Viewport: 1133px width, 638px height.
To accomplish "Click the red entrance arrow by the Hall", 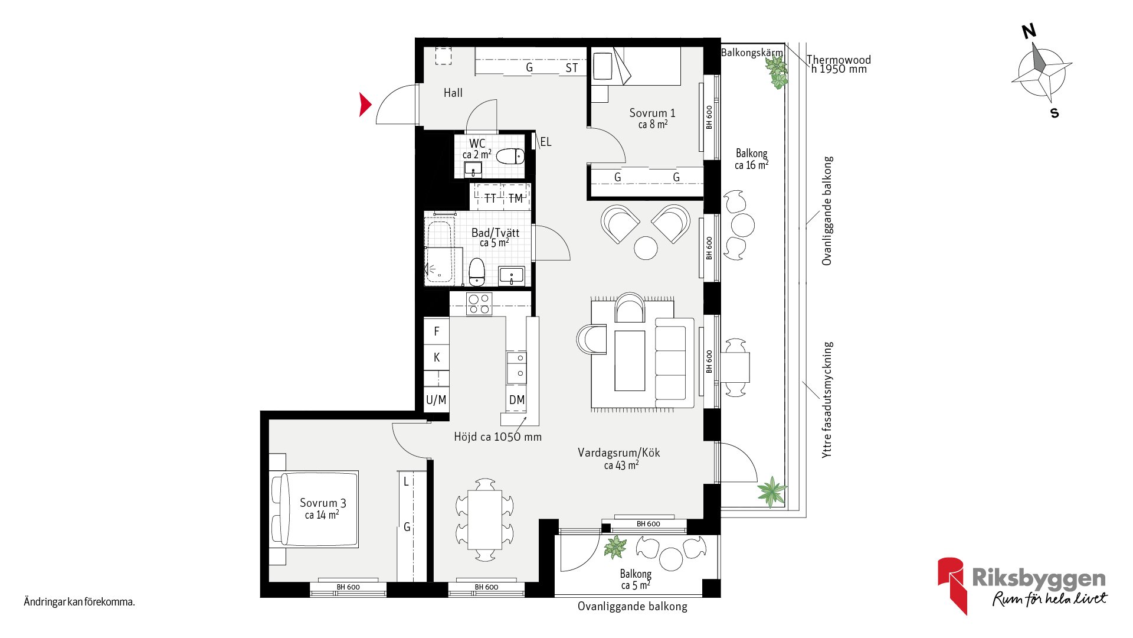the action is click(x=365, y=105).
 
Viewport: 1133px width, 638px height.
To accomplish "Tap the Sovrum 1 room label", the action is click(x=652, y=113).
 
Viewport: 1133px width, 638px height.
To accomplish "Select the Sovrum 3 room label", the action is click(x=323, y=503).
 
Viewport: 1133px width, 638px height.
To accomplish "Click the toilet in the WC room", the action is click(x=510, y=157).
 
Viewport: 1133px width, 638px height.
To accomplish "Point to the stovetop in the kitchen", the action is click(x=479, y=304).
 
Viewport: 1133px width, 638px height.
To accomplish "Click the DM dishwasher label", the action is click(x=517, y=400).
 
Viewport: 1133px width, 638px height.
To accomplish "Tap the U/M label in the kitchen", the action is click(x=436, y=400).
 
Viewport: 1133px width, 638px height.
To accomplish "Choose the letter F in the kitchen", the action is click(x=437, y=331).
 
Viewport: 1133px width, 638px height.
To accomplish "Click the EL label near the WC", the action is click(x=546, y=142).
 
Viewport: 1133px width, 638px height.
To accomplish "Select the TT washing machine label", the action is click(x=490, y=198).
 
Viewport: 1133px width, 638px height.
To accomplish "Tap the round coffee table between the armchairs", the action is click(x=646, y=248).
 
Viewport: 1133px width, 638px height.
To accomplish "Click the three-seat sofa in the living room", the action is click(x=674, y=362).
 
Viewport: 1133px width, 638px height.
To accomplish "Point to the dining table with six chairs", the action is click(x=484, y=520).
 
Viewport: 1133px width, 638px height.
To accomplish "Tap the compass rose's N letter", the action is click(x=1029, y=31).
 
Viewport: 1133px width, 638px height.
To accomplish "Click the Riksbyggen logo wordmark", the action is click(x=1039, y=578).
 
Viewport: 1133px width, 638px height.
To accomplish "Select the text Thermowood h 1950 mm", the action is click(x=839, y=64).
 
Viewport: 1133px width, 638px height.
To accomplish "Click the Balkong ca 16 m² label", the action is click(x=751, y=159).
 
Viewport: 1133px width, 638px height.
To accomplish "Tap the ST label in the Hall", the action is click(x=571, y=68).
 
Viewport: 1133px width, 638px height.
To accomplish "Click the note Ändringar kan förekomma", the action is click(x=79, y=602).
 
